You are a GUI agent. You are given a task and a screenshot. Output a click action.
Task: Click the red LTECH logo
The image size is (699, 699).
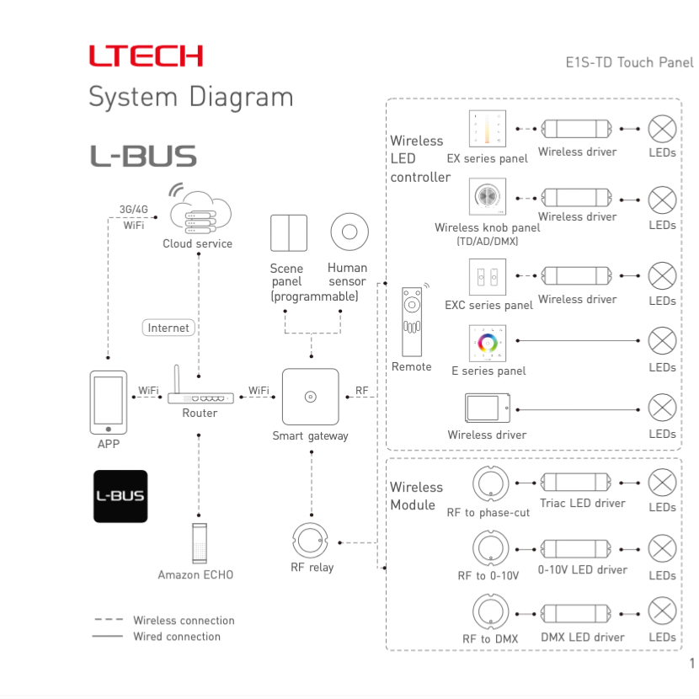pos(146,56)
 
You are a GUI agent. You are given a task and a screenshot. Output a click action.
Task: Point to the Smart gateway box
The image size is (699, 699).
pos(310,397)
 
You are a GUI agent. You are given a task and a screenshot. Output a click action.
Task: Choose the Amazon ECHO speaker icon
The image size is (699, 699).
pos(199,543)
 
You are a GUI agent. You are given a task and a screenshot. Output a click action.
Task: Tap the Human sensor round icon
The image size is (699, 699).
pos(347,232)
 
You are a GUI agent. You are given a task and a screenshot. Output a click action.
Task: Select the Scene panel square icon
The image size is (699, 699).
pos(288,232)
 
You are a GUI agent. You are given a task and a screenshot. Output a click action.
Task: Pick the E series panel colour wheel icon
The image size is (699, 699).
pos(488,343)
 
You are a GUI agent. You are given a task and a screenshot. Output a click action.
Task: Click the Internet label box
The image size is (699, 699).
pos(168,328)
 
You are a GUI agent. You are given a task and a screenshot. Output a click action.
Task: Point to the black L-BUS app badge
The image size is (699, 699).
pos(120,496)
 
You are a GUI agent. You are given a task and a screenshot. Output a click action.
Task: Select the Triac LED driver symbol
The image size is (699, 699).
pos(578,483)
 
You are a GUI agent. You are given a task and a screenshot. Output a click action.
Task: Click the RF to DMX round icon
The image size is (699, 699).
pos(490,611)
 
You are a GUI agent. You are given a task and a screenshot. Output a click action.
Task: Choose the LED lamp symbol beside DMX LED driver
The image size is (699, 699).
pos(662,611)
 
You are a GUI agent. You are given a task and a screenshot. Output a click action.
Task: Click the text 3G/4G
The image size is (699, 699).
pos(133,209)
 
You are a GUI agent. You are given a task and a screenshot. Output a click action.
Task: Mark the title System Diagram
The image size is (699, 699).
pos(191,97)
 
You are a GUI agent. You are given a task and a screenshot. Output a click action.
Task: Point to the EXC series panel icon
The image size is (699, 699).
pos(488,276)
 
